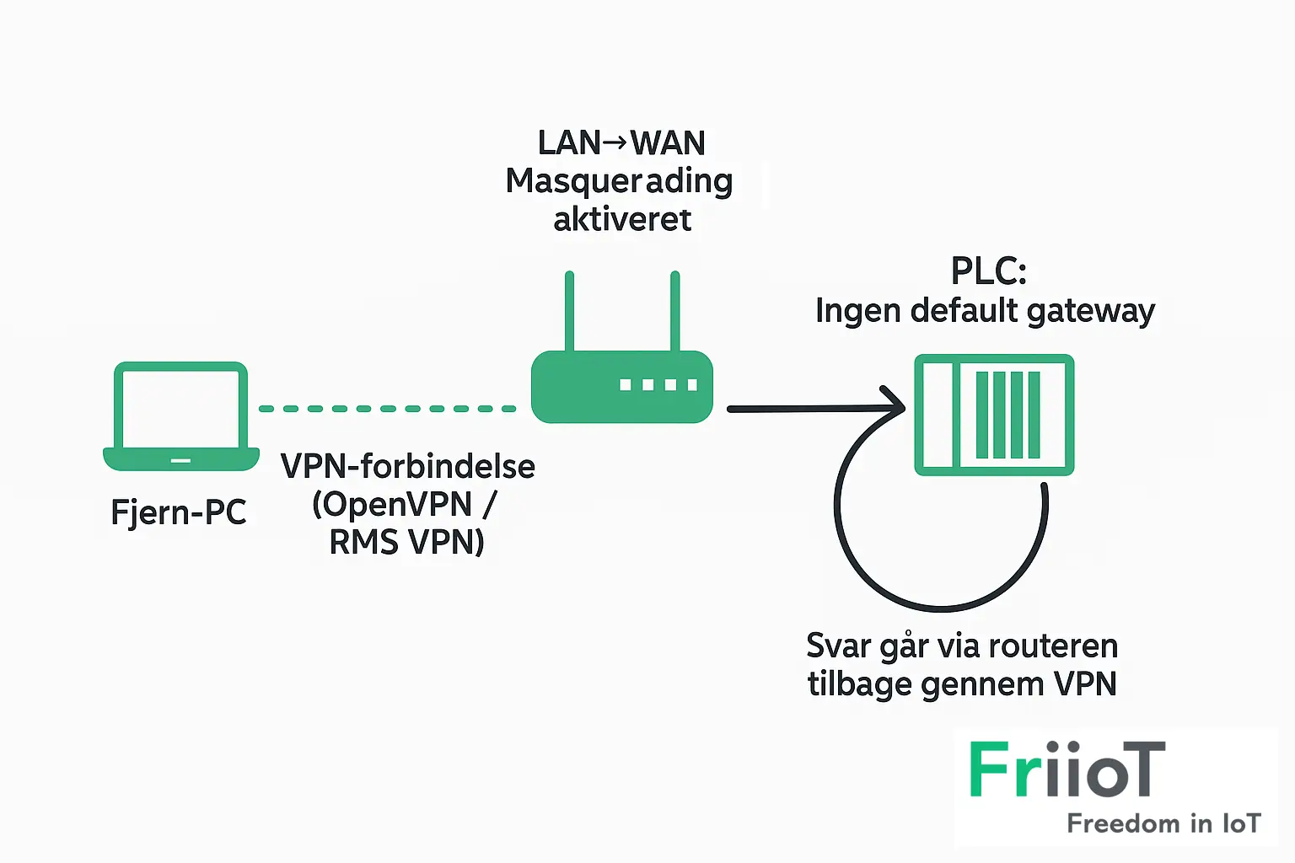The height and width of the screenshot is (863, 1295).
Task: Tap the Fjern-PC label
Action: [x=179, y=512]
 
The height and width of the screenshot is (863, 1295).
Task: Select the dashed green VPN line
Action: [x=388, y=409]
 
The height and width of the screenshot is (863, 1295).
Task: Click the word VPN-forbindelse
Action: [x=408, y=466]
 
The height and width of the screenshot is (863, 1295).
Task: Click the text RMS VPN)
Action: [x=406, y=542]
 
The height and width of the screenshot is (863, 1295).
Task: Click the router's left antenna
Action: [x=570, y=310]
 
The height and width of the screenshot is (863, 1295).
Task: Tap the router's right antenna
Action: [x=675, y=310]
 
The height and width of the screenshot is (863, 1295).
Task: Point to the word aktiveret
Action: [x=622, y=219]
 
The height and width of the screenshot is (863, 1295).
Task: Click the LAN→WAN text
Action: [x=621, y=143]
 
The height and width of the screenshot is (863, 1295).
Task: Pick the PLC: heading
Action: [x=988, y=271]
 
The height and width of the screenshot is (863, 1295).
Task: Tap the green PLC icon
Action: [x=995, y=415]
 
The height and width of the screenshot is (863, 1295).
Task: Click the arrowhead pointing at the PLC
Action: [x=895, y=407]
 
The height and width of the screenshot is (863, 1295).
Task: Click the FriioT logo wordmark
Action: [x=1067, y=769]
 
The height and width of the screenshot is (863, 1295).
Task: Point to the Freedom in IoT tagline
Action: [x=1163, y=823]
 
